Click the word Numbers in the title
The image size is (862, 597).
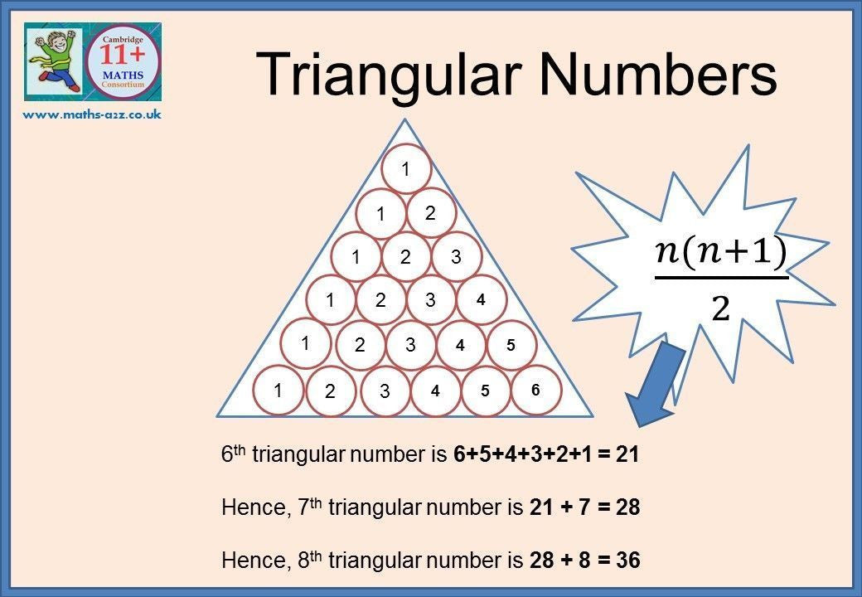(659, 73)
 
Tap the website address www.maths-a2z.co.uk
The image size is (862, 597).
(92, 114)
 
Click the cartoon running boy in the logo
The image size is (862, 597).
(53, 61)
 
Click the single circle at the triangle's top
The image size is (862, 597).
(405, 169)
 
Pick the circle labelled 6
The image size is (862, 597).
(536, 391)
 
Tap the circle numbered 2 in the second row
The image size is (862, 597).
(431, 213)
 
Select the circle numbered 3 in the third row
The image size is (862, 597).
(457, 257)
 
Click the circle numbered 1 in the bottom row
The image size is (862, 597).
(278, 391)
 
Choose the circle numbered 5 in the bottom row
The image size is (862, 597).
(485, 391)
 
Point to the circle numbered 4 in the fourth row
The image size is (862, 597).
(481, 299)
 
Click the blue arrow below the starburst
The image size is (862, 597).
(656, 383)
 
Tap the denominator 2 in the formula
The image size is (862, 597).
(720, 309)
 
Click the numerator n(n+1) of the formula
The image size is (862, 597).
(721, 254)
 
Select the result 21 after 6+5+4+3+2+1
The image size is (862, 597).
(627, 454)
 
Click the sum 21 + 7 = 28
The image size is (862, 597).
(585, 507)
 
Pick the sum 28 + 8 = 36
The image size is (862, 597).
(585, 561)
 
